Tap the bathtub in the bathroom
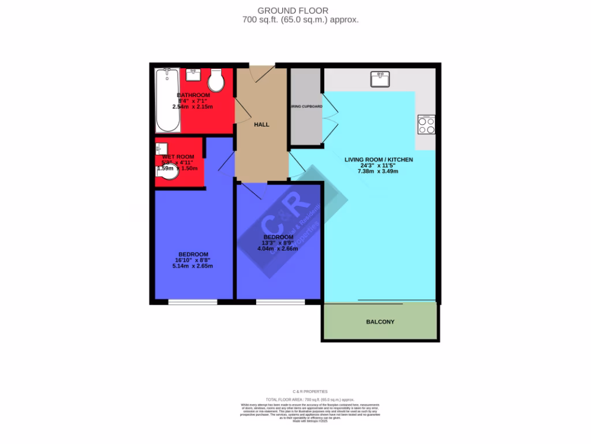pos(167,100)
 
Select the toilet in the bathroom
pos(216,82)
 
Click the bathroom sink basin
pos(193,75)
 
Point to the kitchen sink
pos(381,79)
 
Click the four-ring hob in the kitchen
pos(427,125)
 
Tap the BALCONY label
pos(380,321)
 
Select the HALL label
pos(261,124)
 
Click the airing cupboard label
pos(306,107)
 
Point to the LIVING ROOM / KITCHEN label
pos(378,159)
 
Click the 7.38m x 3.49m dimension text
pos(378,171)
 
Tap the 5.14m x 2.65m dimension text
pos(193,266)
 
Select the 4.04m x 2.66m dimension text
pos(278,249)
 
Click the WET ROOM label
pos(178,157)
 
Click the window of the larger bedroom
pos(193,301)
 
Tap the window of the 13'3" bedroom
pos(280,301)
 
